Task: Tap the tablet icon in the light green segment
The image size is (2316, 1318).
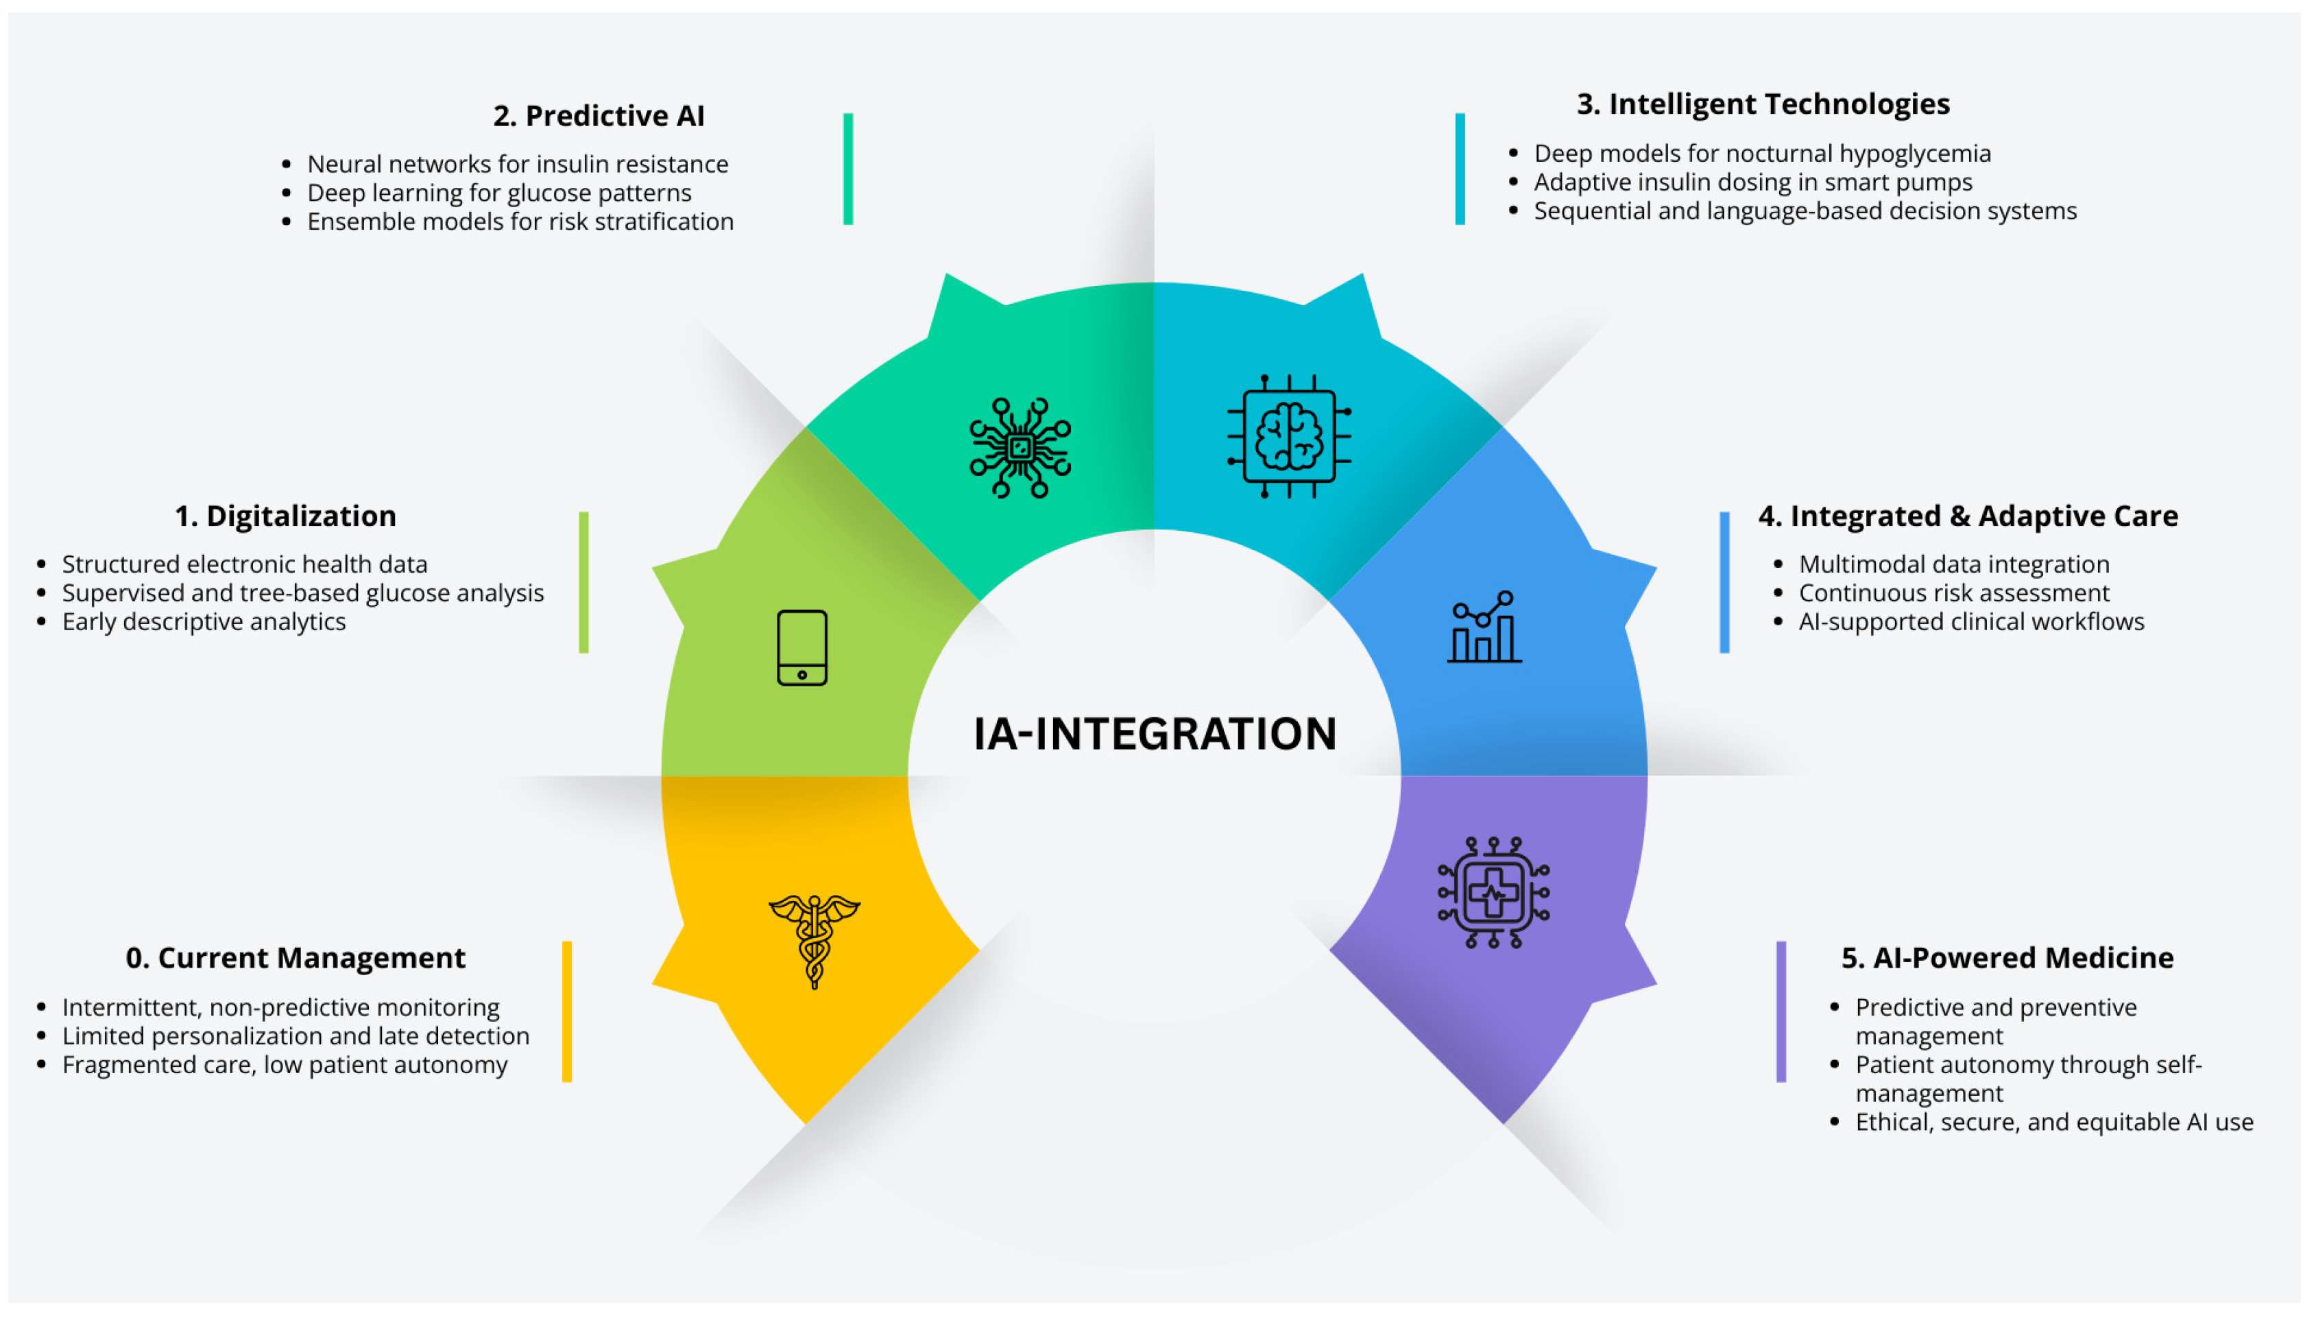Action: coord(802,648)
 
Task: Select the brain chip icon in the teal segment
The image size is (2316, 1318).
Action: coord(1290,436)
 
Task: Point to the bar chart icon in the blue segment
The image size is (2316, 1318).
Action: coord(1484,627)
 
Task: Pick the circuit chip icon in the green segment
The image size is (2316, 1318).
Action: coord(1020,447)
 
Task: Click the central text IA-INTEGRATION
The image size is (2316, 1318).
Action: coord(1155,733)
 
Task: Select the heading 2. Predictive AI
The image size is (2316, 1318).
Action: coord(599,116)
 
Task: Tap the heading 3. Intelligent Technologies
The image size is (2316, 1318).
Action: coord(1763,104)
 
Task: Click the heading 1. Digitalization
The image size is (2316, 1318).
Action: coord(285,516)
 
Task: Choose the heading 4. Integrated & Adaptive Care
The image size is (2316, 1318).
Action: coord(1968,516)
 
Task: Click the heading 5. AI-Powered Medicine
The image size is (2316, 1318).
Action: coord(2007,958)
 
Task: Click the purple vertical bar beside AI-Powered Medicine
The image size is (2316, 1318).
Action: coord(1781,1011)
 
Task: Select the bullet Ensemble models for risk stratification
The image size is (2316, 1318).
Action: coord(520,221)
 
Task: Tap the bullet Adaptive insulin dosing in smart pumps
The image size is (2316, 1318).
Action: coord(1752,182)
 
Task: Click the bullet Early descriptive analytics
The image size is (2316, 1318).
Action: coord(204,622)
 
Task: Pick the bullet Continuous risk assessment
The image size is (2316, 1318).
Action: coord(1953,593)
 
